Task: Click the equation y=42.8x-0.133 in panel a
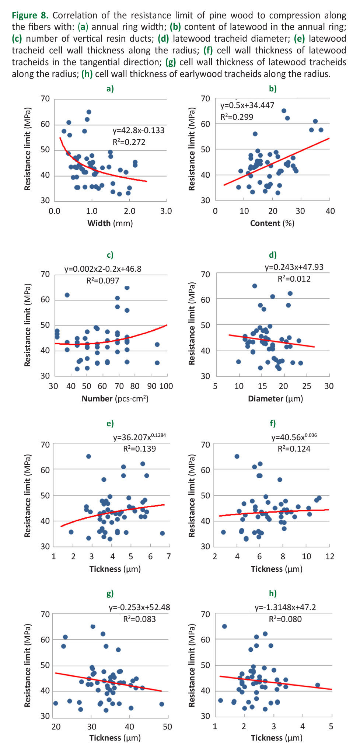click(138, 130)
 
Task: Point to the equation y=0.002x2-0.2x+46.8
click(103, 269)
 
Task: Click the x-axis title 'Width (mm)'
click(110, 223)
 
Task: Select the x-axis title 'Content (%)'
click(272, 223)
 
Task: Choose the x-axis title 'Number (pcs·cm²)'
click(115, 399)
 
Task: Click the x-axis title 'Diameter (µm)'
click(275, 399)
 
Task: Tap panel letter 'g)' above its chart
click(110, 593)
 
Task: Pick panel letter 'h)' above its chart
click(273, 593)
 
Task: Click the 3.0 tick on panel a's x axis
click(166, 211)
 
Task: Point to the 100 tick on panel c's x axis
click(166, 386)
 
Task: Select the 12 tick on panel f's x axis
click(330, 557)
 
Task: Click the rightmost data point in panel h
click(318, 685)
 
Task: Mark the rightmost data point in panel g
click(161, 704)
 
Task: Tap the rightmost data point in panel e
click(162, 533)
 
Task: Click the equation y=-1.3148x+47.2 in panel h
click(285, 607)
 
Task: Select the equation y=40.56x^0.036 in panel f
click(294, 437)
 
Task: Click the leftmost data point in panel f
click(223, 532)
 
